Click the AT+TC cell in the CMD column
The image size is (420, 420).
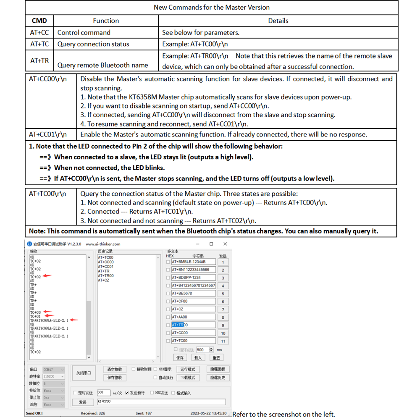39,44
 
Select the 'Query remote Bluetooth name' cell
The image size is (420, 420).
102,65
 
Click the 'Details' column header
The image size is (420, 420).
278,21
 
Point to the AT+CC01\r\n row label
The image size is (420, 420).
48,134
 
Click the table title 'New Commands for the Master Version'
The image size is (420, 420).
212,7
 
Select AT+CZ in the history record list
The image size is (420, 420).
103,280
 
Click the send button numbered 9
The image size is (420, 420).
223,325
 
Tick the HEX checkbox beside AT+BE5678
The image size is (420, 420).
168,294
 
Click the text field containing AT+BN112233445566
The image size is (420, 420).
193,270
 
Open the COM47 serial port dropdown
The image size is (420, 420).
54,370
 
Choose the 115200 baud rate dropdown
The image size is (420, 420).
54,377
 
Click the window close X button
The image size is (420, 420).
225,244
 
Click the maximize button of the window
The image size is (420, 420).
211,244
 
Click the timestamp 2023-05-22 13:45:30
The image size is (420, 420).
208,413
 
